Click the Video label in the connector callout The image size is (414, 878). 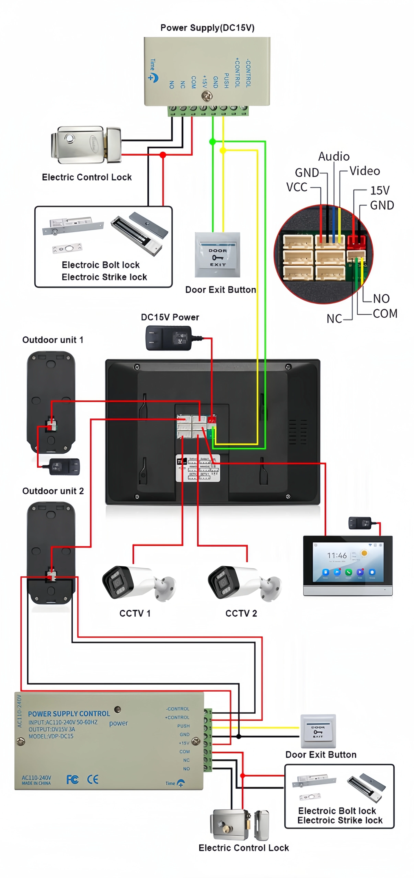tap(364, 171)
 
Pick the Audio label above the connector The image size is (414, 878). tap(333, 156)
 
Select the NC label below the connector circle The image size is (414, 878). tap(333, 319)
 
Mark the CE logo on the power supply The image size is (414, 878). tap(93, 779)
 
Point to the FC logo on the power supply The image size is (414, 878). tap(72, 779)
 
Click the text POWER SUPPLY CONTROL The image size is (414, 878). tap(69, 713)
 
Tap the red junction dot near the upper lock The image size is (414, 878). tap(163, 155)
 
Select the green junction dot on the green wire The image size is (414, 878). tap(212, 141)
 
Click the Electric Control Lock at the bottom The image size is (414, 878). tap(239, 825)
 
